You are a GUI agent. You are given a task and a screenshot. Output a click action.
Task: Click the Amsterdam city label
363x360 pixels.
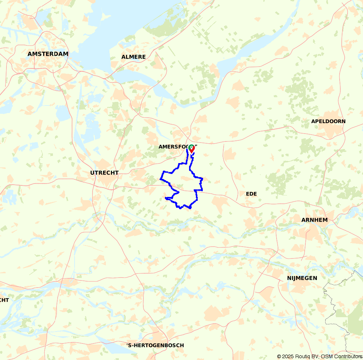pos(48,54)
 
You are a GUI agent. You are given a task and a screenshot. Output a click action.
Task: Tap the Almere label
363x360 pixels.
pos(134,57)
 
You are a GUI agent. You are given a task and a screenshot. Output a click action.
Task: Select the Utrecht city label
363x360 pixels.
pos(104,173)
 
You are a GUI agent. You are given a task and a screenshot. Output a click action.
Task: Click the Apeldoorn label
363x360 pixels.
pos(328,121)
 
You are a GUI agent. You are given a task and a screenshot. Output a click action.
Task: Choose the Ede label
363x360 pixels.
pos(251,194)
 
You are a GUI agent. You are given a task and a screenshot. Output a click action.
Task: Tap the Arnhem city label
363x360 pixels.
pos(314,220)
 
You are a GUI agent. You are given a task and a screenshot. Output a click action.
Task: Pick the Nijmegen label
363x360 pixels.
pos(302,278)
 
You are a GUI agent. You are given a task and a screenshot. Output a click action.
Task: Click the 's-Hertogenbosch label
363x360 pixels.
pos(155,345)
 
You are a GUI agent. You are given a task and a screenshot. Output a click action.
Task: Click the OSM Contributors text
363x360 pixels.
pos(341,356)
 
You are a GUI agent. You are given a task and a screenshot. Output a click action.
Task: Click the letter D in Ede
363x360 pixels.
pos(251,194)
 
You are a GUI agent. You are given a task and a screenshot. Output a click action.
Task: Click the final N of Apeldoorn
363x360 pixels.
pos(343,121)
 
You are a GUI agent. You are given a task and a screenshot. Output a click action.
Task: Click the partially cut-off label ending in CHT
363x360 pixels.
pos(4,300)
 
